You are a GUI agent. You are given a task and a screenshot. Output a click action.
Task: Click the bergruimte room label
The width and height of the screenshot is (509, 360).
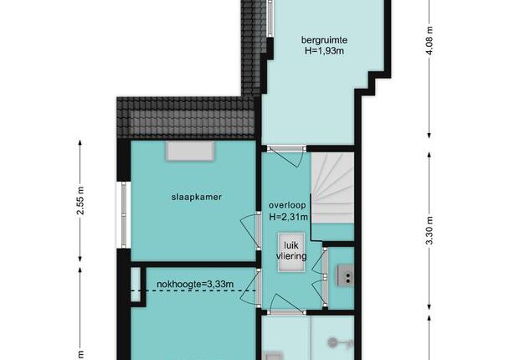pos(324,40)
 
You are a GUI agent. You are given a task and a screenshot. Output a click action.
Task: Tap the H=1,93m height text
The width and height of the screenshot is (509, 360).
pos(324,50)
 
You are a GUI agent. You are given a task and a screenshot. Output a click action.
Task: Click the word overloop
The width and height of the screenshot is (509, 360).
pos(287,205)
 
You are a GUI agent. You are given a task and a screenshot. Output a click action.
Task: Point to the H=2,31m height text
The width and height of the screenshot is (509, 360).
pos(288,217)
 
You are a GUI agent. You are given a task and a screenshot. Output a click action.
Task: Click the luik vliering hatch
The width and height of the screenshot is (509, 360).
pos(291,251)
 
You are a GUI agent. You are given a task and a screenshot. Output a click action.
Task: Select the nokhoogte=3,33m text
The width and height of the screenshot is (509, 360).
pos(195,284)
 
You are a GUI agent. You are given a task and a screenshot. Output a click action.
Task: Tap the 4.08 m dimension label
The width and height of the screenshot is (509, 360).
pos(429,40)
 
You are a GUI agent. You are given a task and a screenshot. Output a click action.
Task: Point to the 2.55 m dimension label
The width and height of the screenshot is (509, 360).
pos(80,200)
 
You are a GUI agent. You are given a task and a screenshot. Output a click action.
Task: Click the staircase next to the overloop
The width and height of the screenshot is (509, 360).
pos(332,188)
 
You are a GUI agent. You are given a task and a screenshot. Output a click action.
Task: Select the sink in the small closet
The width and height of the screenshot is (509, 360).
pos(345,275)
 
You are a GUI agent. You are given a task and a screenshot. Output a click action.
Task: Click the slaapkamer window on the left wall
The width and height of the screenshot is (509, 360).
pos(123,214)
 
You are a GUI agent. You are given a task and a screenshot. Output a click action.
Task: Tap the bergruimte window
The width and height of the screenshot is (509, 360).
pos(270,18)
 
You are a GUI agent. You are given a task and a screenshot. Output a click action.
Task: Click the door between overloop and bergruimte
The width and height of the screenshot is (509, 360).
pos(286,156)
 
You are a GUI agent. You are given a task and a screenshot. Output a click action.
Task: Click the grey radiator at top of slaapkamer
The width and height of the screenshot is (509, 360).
pos(190,152)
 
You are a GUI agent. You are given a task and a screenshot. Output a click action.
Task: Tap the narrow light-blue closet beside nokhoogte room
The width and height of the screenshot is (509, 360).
pos(136,285)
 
